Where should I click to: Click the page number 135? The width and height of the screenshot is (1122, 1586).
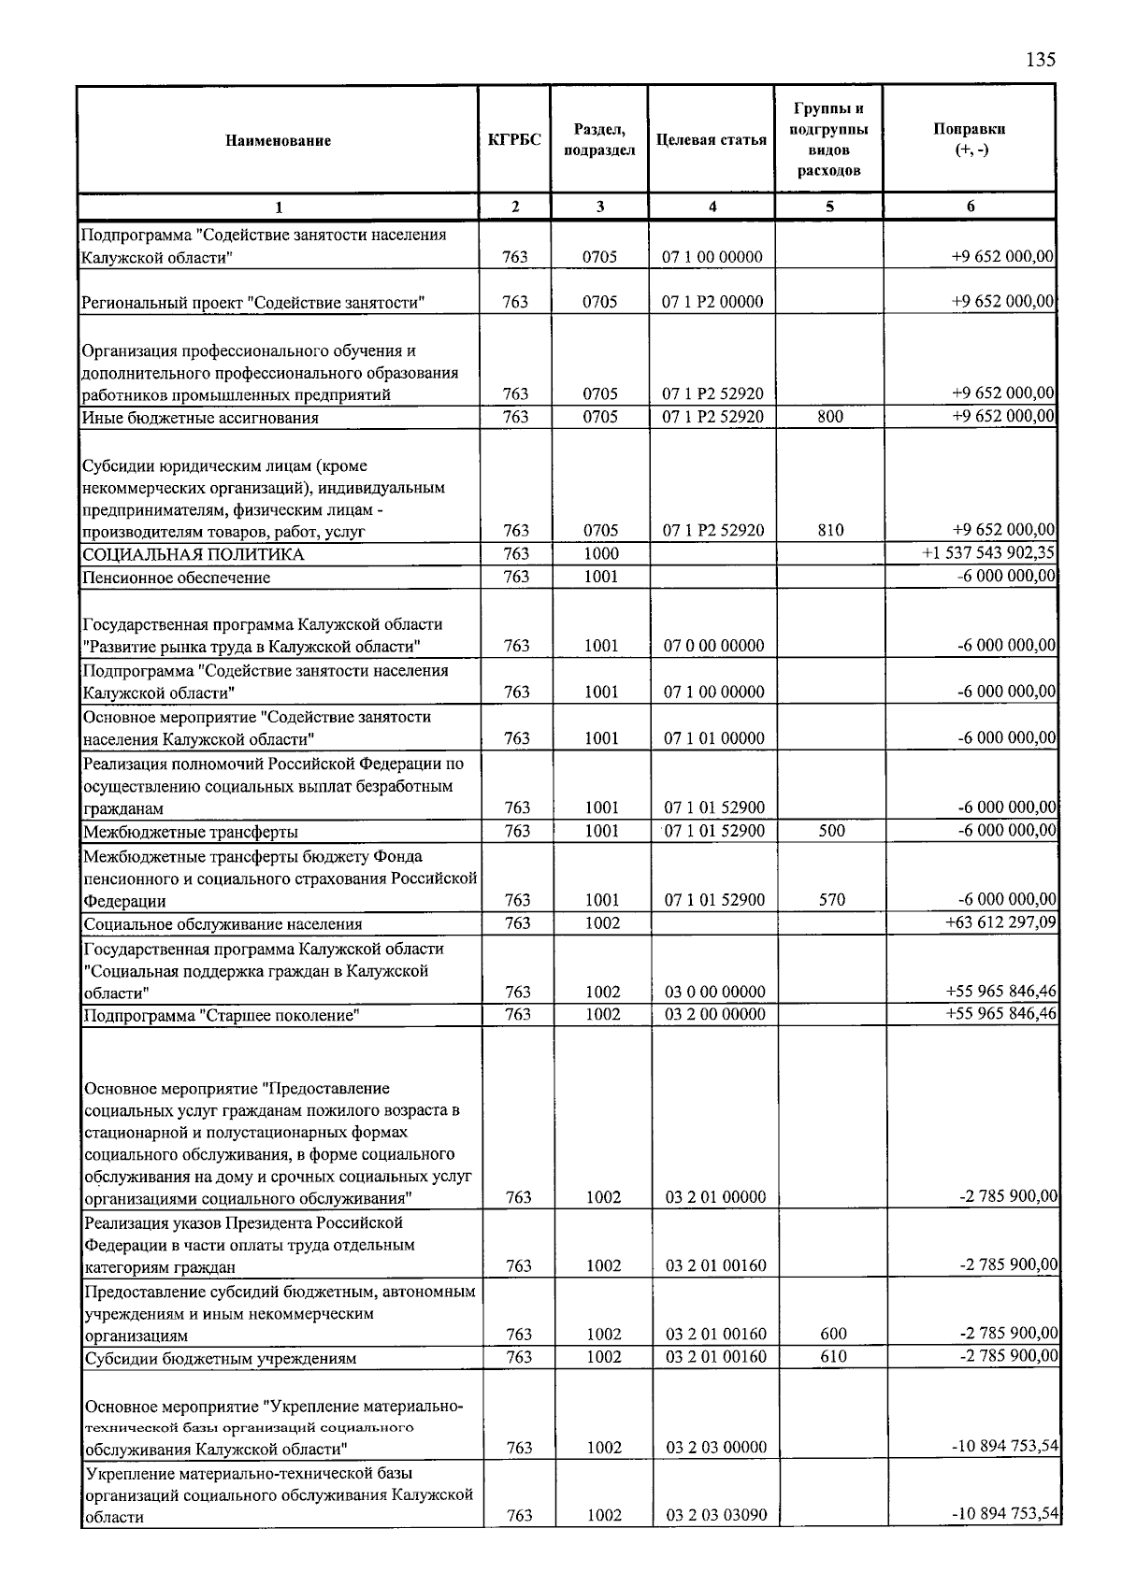point(1040,61)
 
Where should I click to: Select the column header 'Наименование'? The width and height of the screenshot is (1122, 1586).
point(278,141)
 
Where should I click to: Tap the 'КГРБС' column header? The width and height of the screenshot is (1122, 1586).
point(514,141)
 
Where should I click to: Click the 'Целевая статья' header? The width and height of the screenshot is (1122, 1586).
point(711,141)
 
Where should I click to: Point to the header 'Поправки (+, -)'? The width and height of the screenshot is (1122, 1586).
point(970,140)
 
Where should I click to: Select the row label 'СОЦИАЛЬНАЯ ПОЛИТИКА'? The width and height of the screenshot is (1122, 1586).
point(194,555)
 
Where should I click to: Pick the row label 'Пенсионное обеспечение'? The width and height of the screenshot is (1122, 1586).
point(177,578)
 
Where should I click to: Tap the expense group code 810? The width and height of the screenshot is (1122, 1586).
point(830,531)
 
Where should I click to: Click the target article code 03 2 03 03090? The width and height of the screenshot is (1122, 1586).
point(716,1516)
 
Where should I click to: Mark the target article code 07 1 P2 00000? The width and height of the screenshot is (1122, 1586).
point(712,302)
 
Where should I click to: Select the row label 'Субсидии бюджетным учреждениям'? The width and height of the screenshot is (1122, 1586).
point(221,1359)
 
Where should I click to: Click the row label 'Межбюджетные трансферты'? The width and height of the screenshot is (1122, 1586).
point(192,832)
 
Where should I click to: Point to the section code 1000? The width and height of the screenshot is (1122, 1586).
point(600,554)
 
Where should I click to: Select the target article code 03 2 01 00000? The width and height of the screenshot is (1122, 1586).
point(716,1197)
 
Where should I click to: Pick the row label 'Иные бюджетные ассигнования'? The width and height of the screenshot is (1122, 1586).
point(201,418)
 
